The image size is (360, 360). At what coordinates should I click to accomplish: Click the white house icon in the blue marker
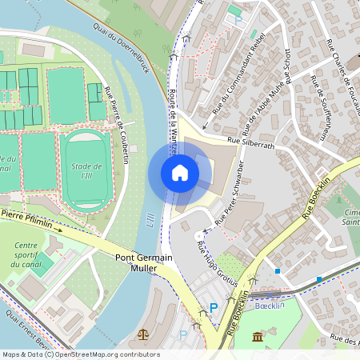(x=179, y=172)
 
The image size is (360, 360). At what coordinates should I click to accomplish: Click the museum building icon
(x=258, y=337)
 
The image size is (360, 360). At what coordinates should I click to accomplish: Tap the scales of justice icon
(x=143, y=334)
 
